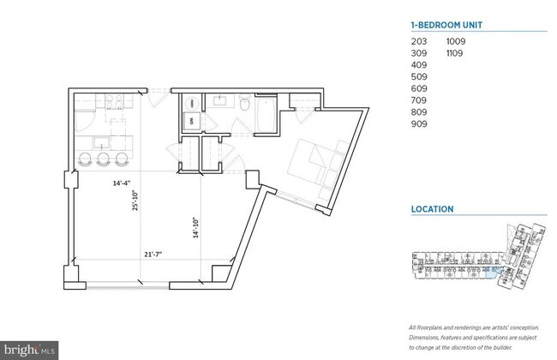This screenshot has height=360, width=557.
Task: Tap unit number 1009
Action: tap(455, 40)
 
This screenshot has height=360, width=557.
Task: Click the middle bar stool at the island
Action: tap(104, 159)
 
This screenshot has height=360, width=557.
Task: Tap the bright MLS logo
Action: tap(30, 349)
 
